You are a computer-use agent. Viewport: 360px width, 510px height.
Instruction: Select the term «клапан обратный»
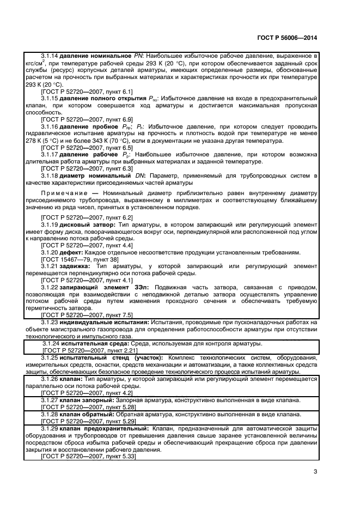click(86, 415)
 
